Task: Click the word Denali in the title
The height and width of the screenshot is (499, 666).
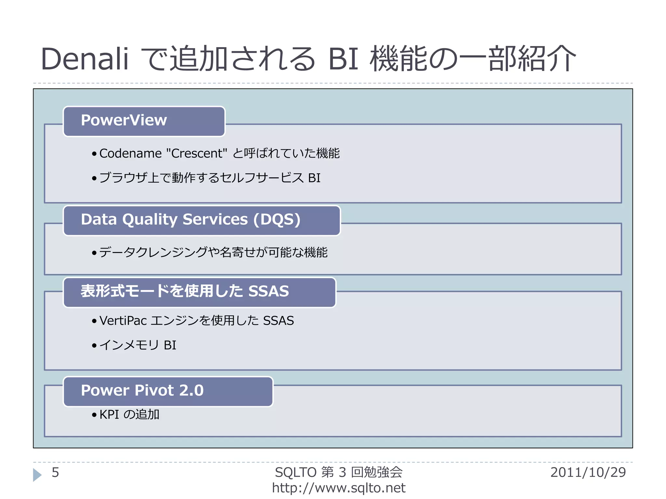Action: (85, 59)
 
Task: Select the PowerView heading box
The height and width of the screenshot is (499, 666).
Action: (144, 121)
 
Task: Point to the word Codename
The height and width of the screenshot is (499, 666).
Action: (130, 153)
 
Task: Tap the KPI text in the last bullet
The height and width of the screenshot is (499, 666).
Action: (109, 415)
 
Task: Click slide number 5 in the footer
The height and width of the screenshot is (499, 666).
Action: (55, 472)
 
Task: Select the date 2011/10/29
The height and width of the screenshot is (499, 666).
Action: (588, 472)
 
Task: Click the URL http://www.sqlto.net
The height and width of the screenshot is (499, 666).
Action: (339, 488)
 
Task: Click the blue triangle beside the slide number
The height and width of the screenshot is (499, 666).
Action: (37, 475)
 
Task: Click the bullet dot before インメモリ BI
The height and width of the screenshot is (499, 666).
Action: (94, 345)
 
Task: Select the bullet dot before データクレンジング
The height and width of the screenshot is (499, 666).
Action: (94, 253)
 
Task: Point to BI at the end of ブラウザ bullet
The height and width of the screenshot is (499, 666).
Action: (314, 178)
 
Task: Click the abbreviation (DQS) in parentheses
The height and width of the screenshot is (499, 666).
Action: (277, 220)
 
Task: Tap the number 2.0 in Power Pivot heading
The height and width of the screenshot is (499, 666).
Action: (191, 391)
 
